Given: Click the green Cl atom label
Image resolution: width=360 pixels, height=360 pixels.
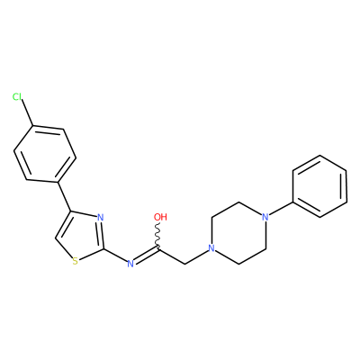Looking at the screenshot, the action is (17, 97).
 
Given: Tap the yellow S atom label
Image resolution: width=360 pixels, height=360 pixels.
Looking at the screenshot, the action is (76, 261).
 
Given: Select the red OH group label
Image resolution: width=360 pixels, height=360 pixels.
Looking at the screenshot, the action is (160, 217).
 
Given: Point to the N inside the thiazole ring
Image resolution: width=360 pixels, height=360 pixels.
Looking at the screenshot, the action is (101, 218).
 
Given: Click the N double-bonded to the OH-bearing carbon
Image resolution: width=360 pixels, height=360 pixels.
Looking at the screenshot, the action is (130, 264).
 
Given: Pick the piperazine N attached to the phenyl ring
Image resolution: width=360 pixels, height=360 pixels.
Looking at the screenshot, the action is (265, 217).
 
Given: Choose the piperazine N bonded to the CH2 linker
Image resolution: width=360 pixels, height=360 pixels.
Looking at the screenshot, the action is (211, 248).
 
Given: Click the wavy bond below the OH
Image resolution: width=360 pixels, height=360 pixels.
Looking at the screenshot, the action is (157, 236).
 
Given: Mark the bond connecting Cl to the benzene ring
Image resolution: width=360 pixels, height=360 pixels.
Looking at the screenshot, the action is (28, 114).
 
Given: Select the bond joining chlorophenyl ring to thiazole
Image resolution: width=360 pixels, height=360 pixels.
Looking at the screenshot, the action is (63, 197).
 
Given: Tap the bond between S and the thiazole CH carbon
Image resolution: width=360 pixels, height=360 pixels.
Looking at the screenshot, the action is (64, 248).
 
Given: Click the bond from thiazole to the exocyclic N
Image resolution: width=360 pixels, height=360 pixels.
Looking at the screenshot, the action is (115, 256).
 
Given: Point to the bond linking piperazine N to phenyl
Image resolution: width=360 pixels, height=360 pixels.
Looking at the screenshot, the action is (280, 209).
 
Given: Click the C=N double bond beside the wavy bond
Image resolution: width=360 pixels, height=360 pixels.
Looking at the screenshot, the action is (146, 256).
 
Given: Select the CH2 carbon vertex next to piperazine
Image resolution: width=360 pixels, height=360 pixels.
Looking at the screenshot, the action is (184, 264).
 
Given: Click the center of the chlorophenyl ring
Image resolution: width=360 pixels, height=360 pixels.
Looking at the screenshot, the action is (45, 154).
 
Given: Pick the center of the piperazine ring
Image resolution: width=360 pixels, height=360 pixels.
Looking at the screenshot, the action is (238, 233).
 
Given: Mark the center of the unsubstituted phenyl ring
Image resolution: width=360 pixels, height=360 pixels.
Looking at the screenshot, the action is (319, 186).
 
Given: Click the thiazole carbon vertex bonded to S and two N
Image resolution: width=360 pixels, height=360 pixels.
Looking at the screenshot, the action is (103, 248).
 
